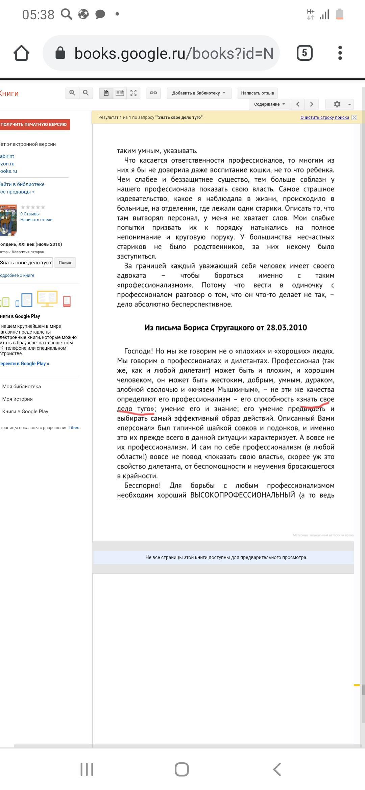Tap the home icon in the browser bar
pos(21,53)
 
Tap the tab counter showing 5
pos(304,53)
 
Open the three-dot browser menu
pos(340,53)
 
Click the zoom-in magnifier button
pos(72,93)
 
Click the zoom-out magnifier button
pos(86,93)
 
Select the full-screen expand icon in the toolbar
pos(133,93)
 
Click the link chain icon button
pos(153,93)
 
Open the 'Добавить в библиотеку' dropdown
pos(199,93)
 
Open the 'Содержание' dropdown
pos(270,104)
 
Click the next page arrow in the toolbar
pos(312,104)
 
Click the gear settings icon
pos(337,104)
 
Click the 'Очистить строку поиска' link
pos(324,117)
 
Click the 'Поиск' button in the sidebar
pos(65,263)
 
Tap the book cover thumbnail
pos(8,220)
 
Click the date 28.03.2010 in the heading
pos(287,327)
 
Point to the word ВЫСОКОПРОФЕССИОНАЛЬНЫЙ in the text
pos(243,495)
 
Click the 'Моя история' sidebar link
pos(18,399)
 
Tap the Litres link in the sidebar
pos(74,428)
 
